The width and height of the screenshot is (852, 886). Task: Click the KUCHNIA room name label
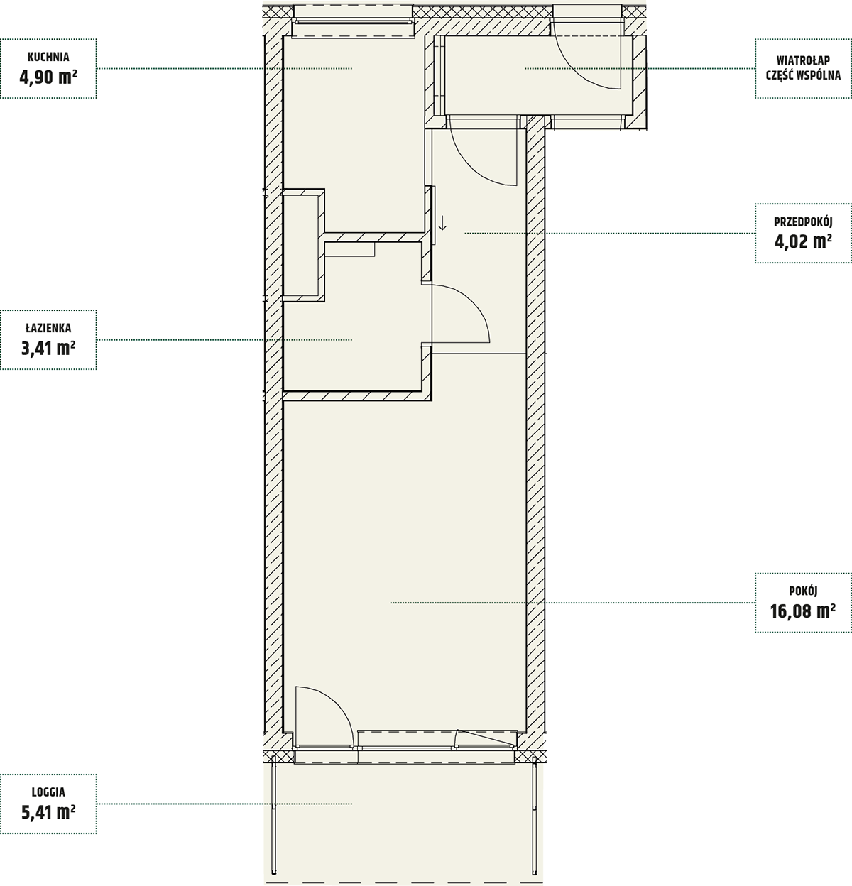click(48, 58)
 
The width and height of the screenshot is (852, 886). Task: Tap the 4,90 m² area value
click(48, 77)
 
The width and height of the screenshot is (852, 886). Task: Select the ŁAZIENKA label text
click(48, 328)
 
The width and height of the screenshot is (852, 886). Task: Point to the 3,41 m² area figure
click(48, 349)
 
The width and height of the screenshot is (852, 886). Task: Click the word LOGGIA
click(48, 792)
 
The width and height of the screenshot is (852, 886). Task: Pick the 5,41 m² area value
click(48, 812)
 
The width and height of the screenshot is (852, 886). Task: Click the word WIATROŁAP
click(803, 60)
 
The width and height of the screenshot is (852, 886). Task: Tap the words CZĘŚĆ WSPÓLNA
click(803, 75)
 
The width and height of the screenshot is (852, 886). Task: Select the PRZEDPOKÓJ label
click(803, 222)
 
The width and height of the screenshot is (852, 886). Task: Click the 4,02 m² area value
click(803, 241)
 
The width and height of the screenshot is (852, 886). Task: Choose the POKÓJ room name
click(803, 591)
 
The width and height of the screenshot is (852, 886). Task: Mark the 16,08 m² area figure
click(803, 611)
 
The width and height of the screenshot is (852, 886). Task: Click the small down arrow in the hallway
click(442, 222)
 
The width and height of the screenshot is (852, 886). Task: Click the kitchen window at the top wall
click(354, 21)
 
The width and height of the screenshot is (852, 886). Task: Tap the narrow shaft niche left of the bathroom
click(300, 246)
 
